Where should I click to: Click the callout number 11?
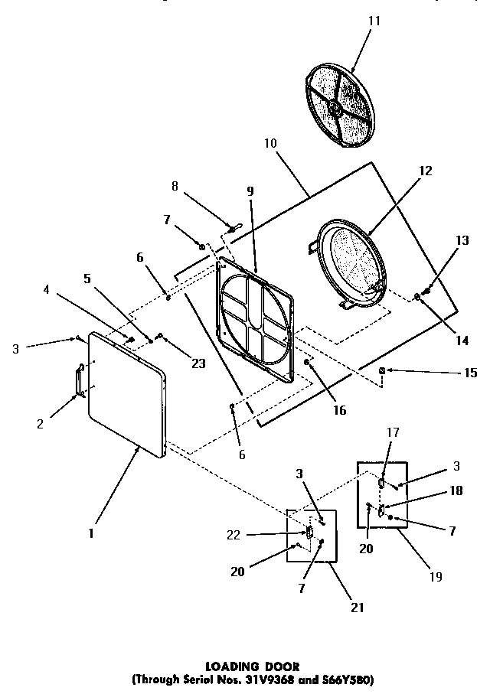[x=374, y=21]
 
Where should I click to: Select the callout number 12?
[x=426, y=171]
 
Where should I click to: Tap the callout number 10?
[x=272, y=143]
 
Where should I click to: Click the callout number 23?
[x=198, y=363]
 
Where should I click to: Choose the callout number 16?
[x=339, y=411]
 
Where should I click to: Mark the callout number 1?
[x=90, y=533]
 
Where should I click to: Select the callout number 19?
[x=435, y=577]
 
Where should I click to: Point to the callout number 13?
[x=462, y=241]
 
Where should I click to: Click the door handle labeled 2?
[x=78, y=380]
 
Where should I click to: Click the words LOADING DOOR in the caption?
[x=253, y=666]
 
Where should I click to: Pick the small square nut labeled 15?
[x=381, y=371]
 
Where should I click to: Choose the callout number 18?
[x=456, y=491]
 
